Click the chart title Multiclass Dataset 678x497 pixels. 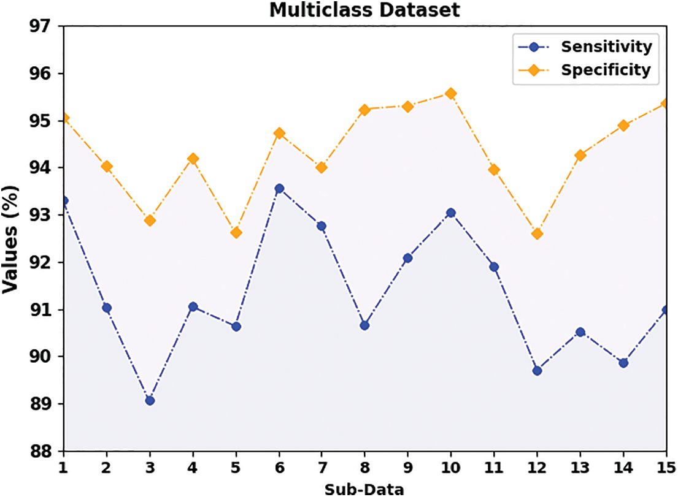point(365,10)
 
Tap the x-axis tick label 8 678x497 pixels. point(364,468)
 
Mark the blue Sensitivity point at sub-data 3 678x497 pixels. point(150,400)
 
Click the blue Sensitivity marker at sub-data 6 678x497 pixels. point(279,188)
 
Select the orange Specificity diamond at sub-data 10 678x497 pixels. point(451,93)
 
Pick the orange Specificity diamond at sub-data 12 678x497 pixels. point(537,233)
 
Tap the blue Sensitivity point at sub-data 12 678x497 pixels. point(537,370)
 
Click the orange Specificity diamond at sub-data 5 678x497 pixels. point(236,232)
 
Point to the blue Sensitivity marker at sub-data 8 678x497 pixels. point(364,325)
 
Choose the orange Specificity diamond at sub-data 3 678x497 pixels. point(150,220)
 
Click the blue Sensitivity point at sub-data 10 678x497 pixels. point(451,213)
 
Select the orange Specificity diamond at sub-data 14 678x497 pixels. point(623,125)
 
